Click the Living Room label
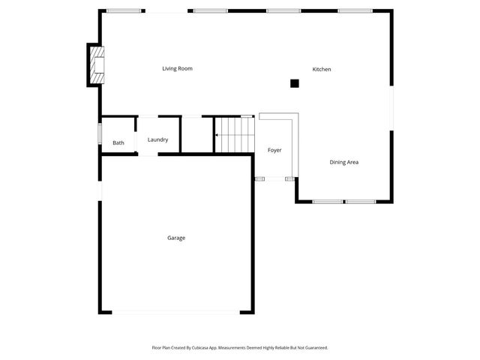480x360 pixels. click(x=178, y=69)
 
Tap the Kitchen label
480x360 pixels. click(x=322, y=70)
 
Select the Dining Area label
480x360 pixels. click(x=344, y=162)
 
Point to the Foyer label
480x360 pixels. click(x=274, y=151)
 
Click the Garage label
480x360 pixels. click(x=176, y=238)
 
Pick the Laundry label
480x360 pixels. click(x=157, y=139)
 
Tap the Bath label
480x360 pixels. click(x=118, y=143)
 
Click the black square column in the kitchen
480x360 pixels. click(x=295, y=83)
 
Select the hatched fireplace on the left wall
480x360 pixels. click(x=97, y=64)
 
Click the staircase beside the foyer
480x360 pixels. click(x=235, y=136)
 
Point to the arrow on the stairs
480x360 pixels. click(x=217, y=136)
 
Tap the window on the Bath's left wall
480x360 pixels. click(x=100, y=134)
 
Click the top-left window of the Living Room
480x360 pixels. click(x=124, y=10)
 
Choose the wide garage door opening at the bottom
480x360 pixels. click(x=176, y=312)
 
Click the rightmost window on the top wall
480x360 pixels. click(x=355, y=10)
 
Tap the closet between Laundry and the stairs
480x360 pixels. click(x=198, y=136)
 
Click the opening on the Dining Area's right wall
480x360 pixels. click(x=391, y=108)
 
